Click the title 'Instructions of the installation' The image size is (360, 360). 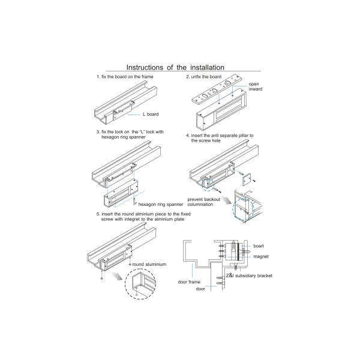[x=175, y=67]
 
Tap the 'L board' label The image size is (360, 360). [x=151, y=114]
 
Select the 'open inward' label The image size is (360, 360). [x=256, y=86]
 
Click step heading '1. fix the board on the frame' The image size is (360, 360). [x=125, y=77]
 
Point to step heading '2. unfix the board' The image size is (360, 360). [x=203, y=77]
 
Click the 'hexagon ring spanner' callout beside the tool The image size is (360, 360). [x=161, y=205]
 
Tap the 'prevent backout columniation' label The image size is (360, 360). [x=203, y=202]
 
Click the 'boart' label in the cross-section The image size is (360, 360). [x=259, y=246]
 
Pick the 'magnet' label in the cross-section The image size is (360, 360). [x=261, y=256]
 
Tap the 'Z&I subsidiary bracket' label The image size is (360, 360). [x=249, y=275]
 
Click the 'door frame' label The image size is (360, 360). [x=189, y=282]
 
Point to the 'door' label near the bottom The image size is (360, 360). [x=200, y=289]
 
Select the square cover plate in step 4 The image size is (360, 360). [x=247, y=179]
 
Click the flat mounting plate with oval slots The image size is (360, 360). [x=217, y=91]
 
